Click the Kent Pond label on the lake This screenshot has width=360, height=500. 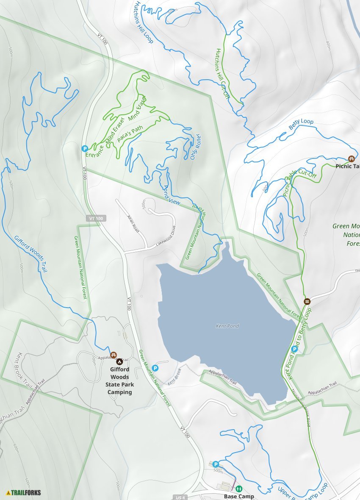227,326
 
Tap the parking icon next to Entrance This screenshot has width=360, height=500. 84,149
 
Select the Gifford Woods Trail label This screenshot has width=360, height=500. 30,254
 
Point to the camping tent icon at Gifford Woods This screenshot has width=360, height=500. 119,362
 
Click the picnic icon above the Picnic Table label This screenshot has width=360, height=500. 351,159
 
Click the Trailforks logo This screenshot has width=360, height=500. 24,492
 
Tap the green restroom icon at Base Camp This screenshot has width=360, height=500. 238,489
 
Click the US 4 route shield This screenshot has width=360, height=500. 180,497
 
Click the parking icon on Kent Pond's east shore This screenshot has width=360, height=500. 295,349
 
